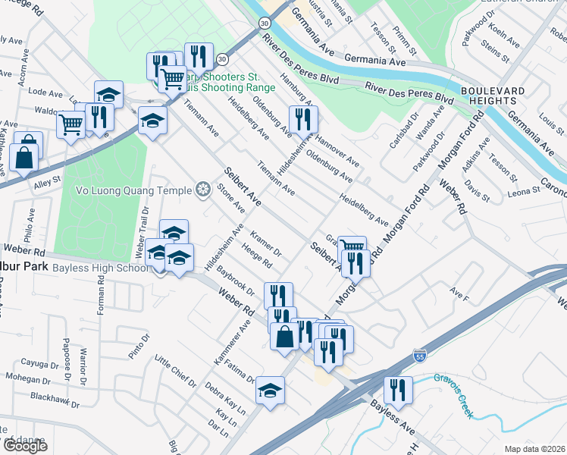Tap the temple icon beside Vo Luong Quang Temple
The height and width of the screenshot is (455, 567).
click(202, 189)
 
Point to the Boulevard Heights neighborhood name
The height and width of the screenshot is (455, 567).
click(493, 96)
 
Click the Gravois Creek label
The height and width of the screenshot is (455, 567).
click(453, 386)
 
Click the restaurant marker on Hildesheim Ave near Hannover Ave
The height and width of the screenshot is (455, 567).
click(303, 120)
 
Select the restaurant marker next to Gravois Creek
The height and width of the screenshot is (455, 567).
click(398, 391)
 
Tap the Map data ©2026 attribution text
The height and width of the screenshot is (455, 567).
click(534, 448)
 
